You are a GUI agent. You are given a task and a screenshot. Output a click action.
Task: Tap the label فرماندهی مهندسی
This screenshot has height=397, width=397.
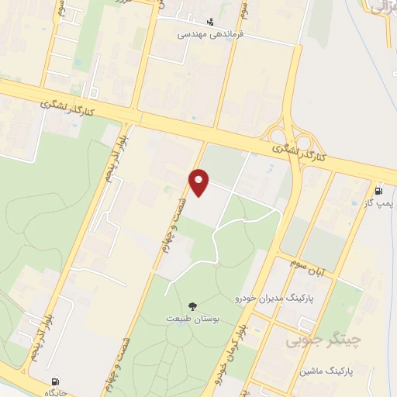210,35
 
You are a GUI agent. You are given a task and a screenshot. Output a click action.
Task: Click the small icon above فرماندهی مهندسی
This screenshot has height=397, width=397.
210,22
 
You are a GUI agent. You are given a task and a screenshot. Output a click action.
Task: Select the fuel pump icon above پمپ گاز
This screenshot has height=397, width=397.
378,192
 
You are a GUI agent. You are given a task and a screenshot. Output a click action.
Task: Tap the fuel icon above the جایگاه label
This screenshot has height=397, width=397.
55,381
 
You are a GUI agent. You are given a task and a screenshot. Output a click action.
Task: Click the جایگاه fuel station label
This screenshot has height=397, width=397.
54,392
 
